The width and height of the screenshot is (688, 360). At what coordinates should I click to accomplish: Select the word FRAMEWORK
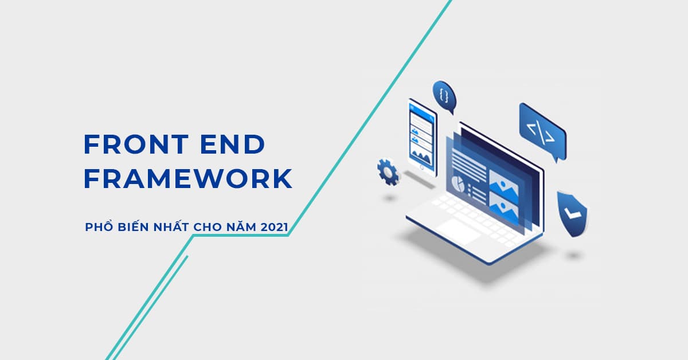tap(188, 179)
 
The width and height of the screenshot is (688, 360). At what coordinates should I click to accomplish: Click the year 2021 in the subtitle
tap(274, 228)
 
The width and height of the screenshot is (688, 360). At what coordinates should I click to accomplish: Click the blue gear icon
tap(388, 172)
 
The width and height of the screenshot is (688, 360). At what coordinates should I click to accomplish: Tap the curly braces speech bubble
tap(443, 97)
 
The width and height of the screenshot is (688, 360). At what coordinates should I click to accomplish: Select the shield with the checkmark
tap(572, 213)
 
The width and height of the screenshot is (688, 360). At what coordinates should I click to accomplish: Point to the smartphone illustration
tap(421, 135)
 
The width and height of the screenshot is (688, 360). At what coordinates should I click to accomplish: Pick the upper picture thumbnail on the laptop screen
tap(503, 179)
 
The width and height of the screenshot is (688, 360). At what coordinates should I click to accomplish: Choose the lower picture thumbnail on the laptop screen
tap(503, 204)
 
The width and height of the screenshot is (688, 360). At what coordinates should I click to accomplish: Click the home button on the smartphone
tap(423, 166)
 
